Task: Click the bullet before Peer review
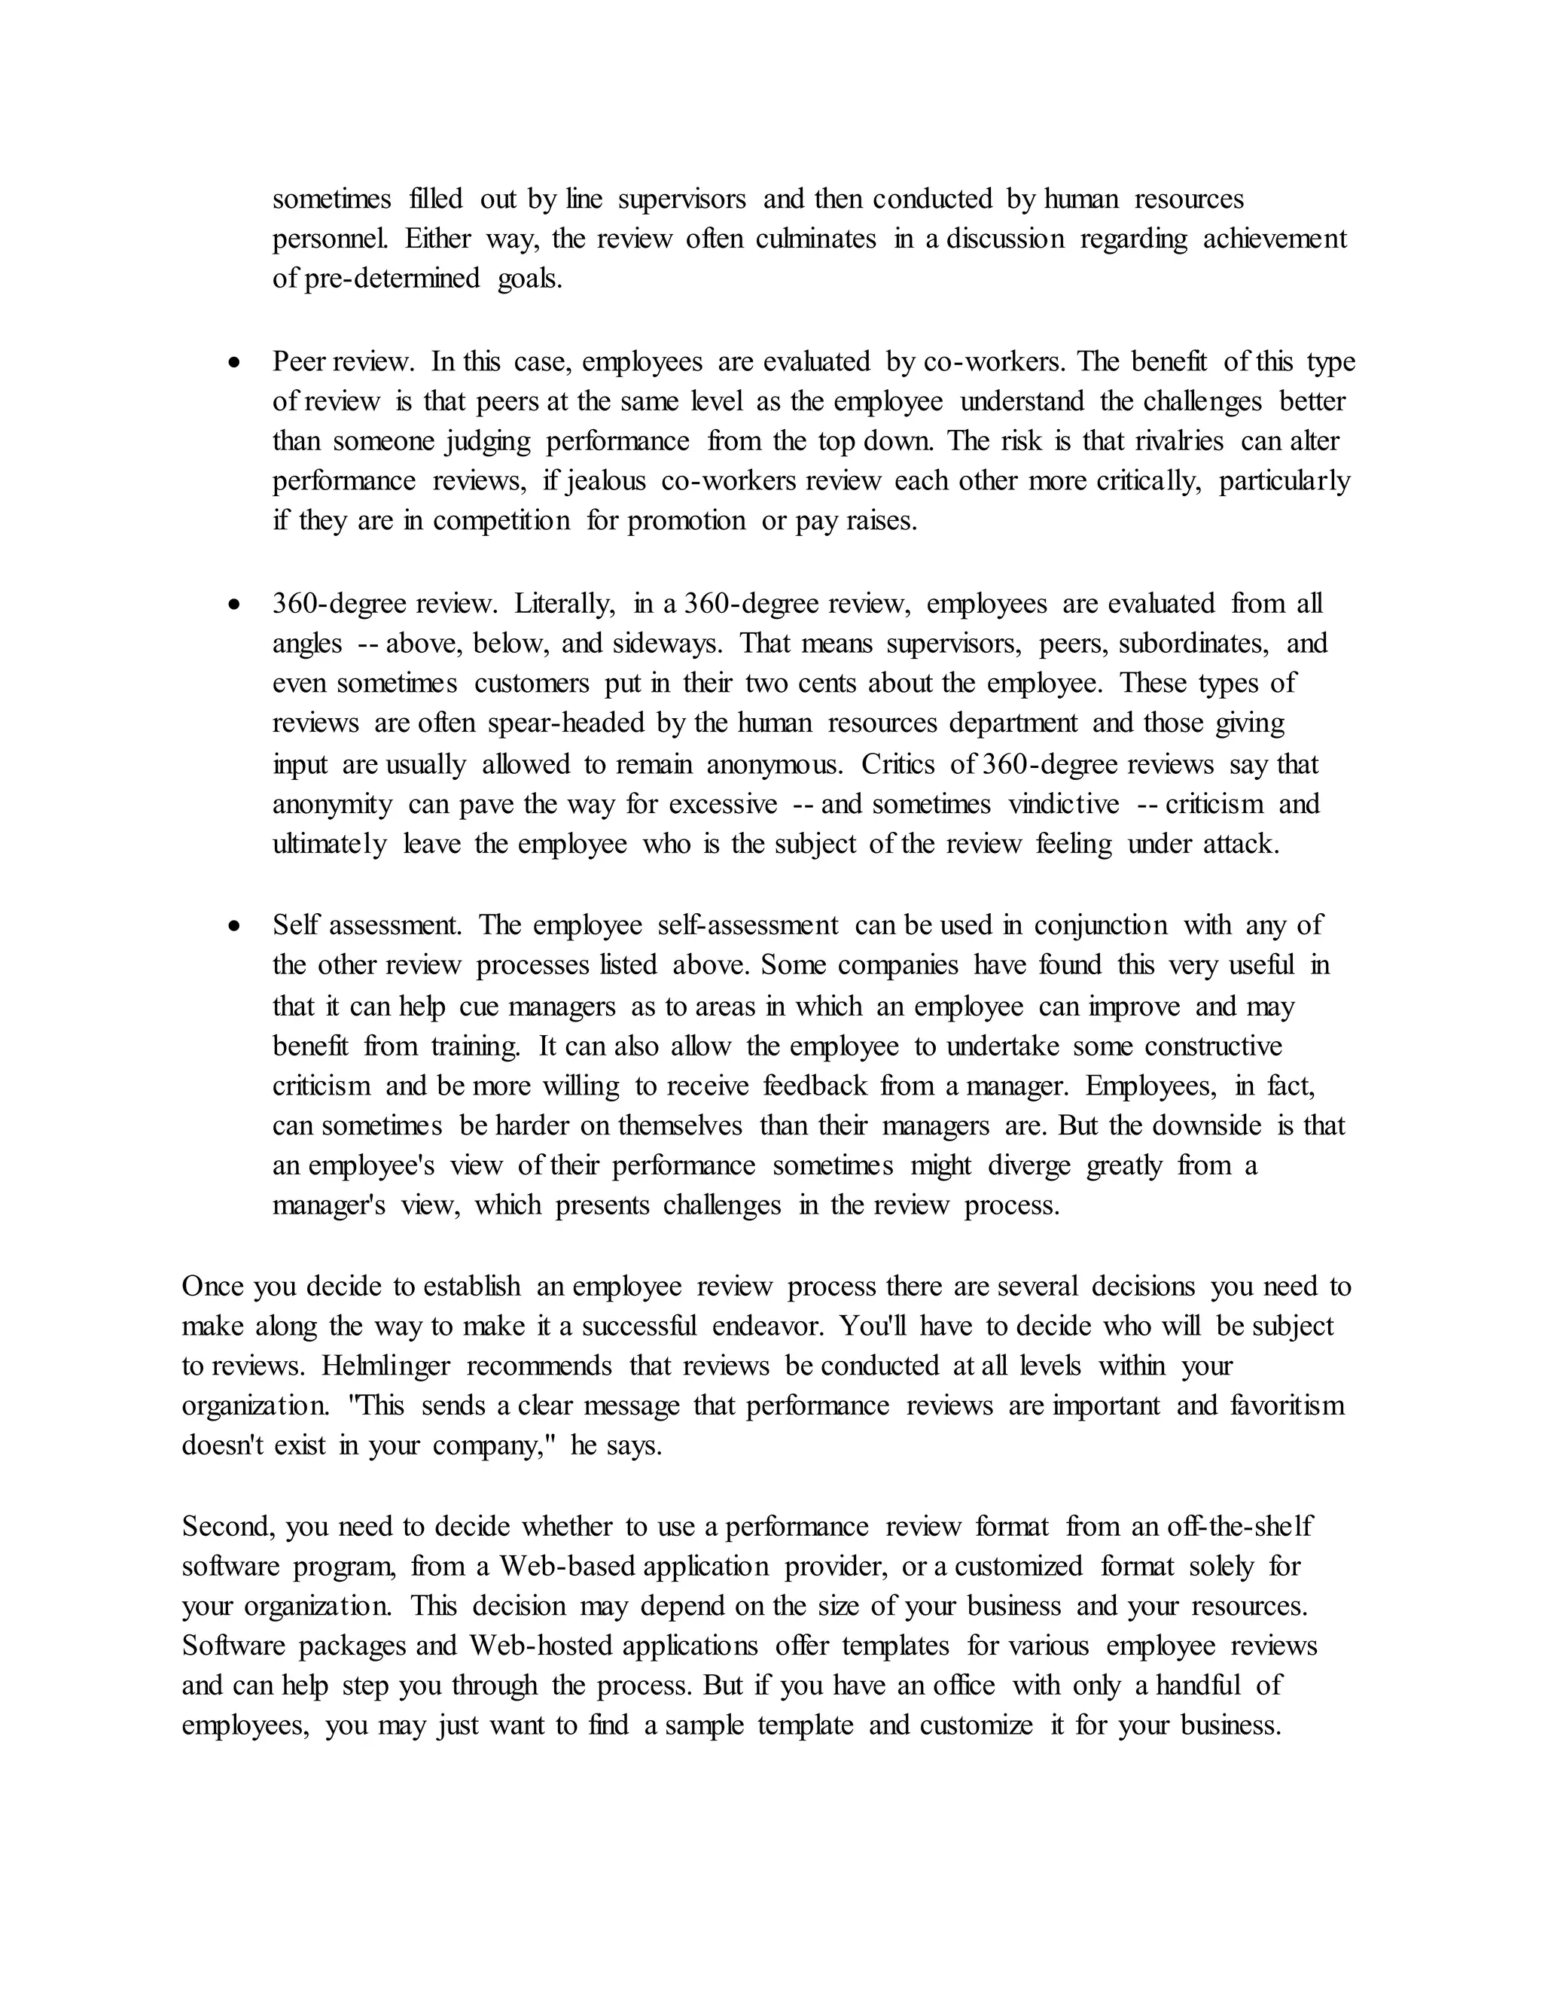(x=236, y=364)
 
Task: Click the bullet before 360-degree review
(x=236, y=605)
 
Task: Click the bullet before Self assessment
(x=236, y=926)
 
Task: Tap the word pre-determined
(x=392, y=279)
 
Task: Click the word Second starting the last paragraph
(x=230, y=1527)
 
